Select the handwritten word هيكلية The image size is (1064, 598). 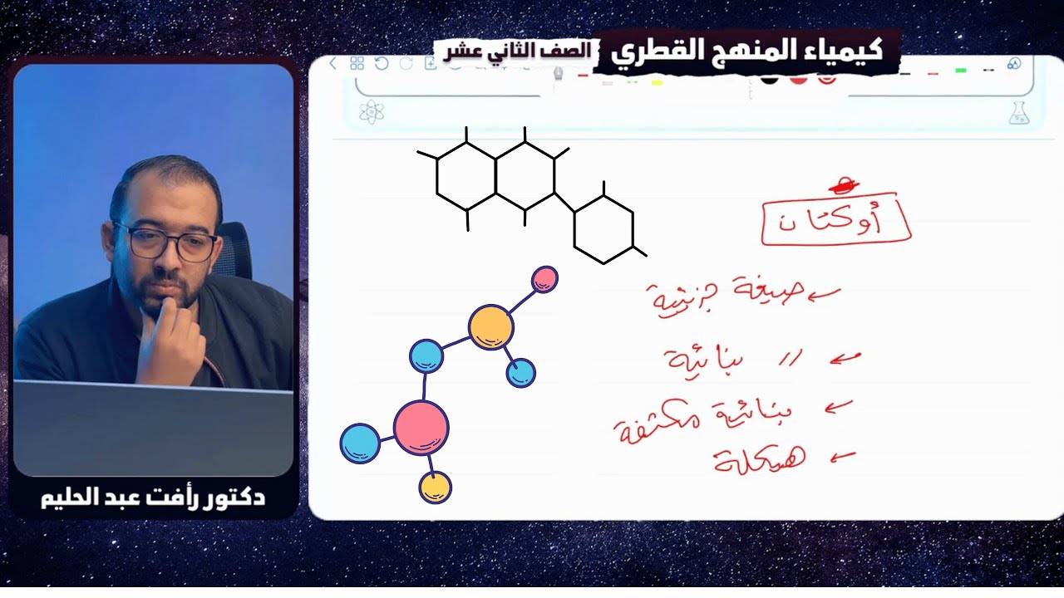760,459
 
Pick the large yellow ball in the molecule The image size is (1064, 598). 490,326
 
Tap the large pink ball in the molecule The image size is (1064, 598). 421,427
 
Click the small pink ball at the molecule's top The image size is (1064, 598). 544,279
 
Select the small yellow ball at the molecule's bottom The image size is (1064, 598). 435,488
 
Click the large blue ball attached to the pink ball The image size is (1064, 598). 360,443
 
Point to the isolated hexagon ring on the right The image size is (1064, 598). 603,229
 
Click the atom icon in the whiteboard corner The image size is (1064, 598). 372,112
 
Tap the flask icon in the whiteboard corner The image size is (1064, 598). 1018,113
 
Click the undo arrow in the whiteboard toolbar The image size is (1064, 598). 382,64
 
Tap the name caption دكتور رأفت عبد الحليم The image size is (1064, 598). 153,498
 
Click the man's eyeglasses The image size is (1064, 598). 165,243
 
